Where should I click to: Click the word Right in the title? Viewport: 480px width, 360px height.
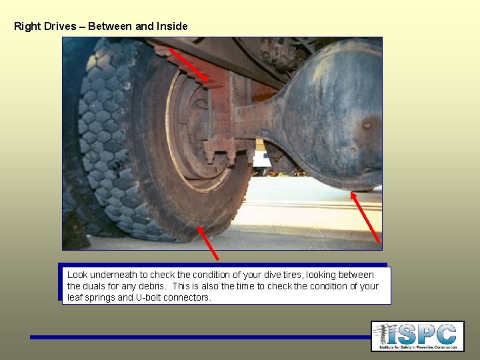tap(27, 27)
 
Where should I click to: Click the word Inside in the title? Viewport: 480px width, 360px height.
tap(172, 27)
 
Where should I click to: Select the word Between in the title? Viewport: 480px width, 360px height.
tap(110, 27)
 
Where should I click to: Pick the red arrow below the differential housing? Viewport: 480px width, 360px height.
tap(366, 217)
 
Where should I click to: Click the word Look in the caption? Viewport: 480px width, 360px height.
tap(77, 275)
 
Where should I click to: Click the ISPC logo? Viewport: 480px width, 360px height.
tap(417, 336)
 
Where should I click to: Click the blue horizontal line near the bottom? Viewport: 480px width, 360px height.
tap(200, 337)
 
